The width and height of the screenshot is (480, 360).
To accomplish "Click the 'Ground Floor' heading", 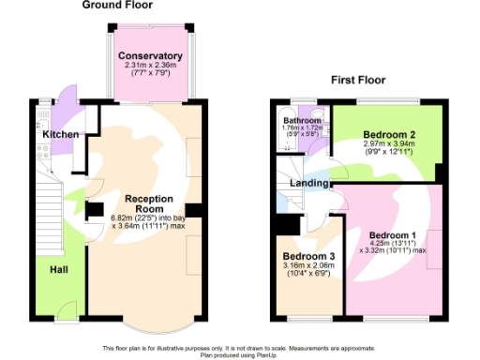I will pyautogui.click(x=118, y=6).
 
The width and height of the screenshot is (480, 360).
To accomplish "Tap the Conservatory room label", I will pyautogui.click(x=150, y=56).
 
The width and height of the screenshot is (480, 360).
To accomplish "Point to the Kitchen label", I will pyautogui.click(x=59, y=134).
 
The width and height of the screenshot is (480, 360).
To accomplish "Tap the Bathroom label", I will pyautogui.click(x=303, y=121).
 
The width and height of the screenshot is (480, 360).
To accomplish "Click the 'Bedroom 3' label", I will pyautogui.click(x=309, y=257).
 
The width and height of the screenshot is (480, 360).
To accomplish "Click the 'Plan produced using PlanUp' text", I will pyautogui.click(x=239, y=355).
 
